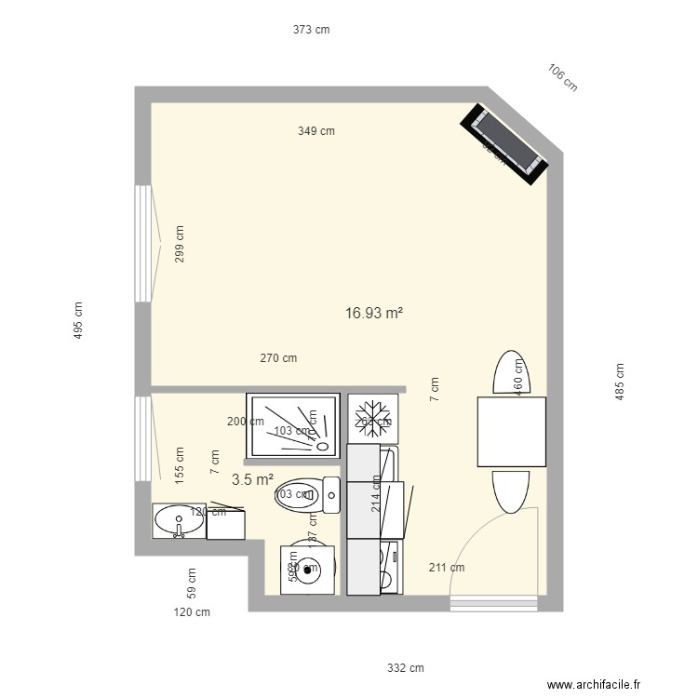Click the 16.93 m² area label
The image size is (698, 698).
pyautogui.click(x=373, y=315)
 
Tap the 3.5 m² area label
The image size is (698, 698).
pyautogui.click(x=252, y=480)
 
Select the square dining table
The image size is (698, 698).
pyautogui.click(x=511, y=431)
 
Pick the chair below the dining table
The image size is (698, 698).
pyautogui.click(x=511, y=490)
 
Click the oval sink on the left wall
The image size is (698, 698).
pyautogui.click(x=177, y=522)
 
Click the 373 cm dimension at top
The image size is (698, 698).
pyautogui.click(x=312, y=30)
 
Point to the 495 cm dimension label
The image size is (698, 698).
pyautogui.click(x=78, y=320)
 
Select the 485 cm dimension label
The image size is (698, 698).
pyautogui.click(x=620, y=382)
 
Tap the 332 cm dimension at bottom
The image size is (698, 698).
pyautogui.click(x=406, y=668)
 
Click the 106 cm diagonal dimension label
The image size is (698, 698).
pyautogui.click(x=563, y=78)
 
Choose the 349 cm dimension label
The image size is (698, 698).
pyautogui.click(x=316, y=131)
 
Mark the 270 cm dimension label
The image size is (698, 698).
pyautogui.click(x=278, y=357)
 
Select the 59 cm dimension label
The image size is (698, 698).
pyautogui.click(x=192, y=583)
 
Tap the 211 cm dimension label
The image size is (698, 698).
pyautogui.click(x=446, y=568)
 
